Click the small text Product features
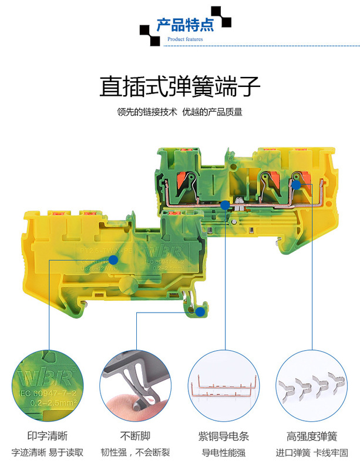pyautogui.click(x=185, y=39)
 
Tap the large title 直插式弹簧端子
pyautogui.click(x=180, y=86)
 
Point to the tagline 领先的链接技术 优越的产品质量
pyautogui.click(x=180, y=112)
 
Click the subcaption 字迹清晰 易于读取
pyautogui.click(x=48, y=453)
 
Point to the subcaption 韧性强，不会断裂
pyautogui.click(x=136, y=453)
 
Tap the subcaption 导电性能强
pyautogui.click(x=224, y=453)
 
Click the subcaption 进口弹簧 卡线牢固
pyautogui.click(x=312, y=453)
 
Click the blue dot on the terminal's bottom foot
pyautogui.click(x=200, y=311)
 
